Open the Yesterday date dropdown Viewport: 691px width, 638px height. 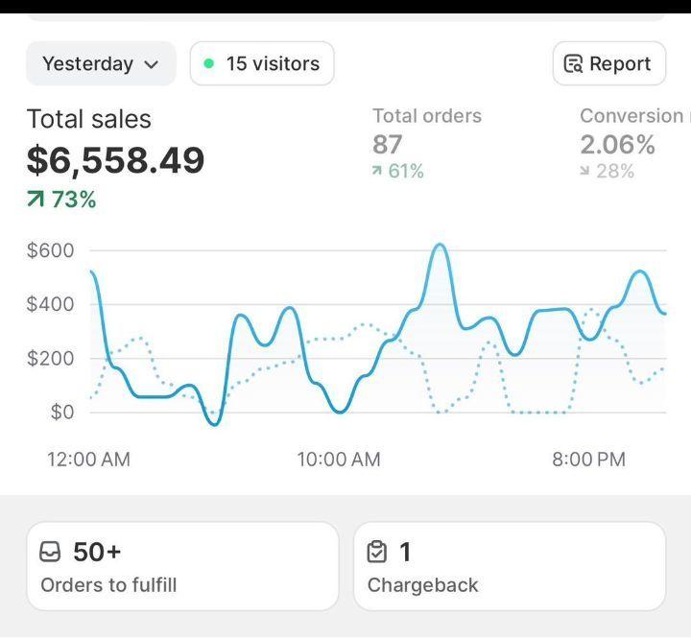point(101,64)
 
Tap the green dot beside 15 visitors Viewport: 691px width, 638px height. point(208,64)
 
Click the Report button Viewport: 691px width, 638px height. point(608,64)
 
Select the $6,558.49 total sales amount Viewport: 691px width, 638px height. point(115,159)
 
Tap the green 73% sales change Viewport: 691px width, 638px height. point(62,200)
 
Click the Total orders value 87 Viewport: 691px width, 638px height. point(387,145)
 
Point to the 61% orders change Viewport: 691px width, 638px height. point(398,171)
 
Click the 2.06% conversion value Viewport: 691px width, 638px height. point(617,145)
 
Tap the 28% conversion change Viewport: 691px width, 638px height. point(608,171)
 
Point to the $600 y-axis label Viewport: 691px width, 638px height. point(51,250)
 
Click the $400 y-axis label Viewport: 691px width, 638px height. point(51,304)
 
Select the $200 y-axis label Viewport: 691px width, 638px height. point(51,359)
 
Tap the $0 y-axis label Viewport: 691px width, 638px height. point(62,413)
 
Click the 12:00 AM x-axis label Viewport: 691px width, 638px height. point(88,460)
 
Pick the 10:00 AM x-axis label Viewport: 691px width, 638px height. point(339,460)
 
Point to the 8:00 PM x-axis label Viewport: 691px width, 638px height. point(588,460)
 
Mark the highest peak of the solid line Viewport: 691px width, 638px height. point(439,245)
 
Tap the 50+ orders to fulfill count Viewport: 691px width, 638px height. point(97,552)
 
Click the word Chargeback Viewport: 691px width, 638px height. point(422,584)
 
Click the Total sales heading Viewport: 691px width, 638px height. point(88,119)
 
